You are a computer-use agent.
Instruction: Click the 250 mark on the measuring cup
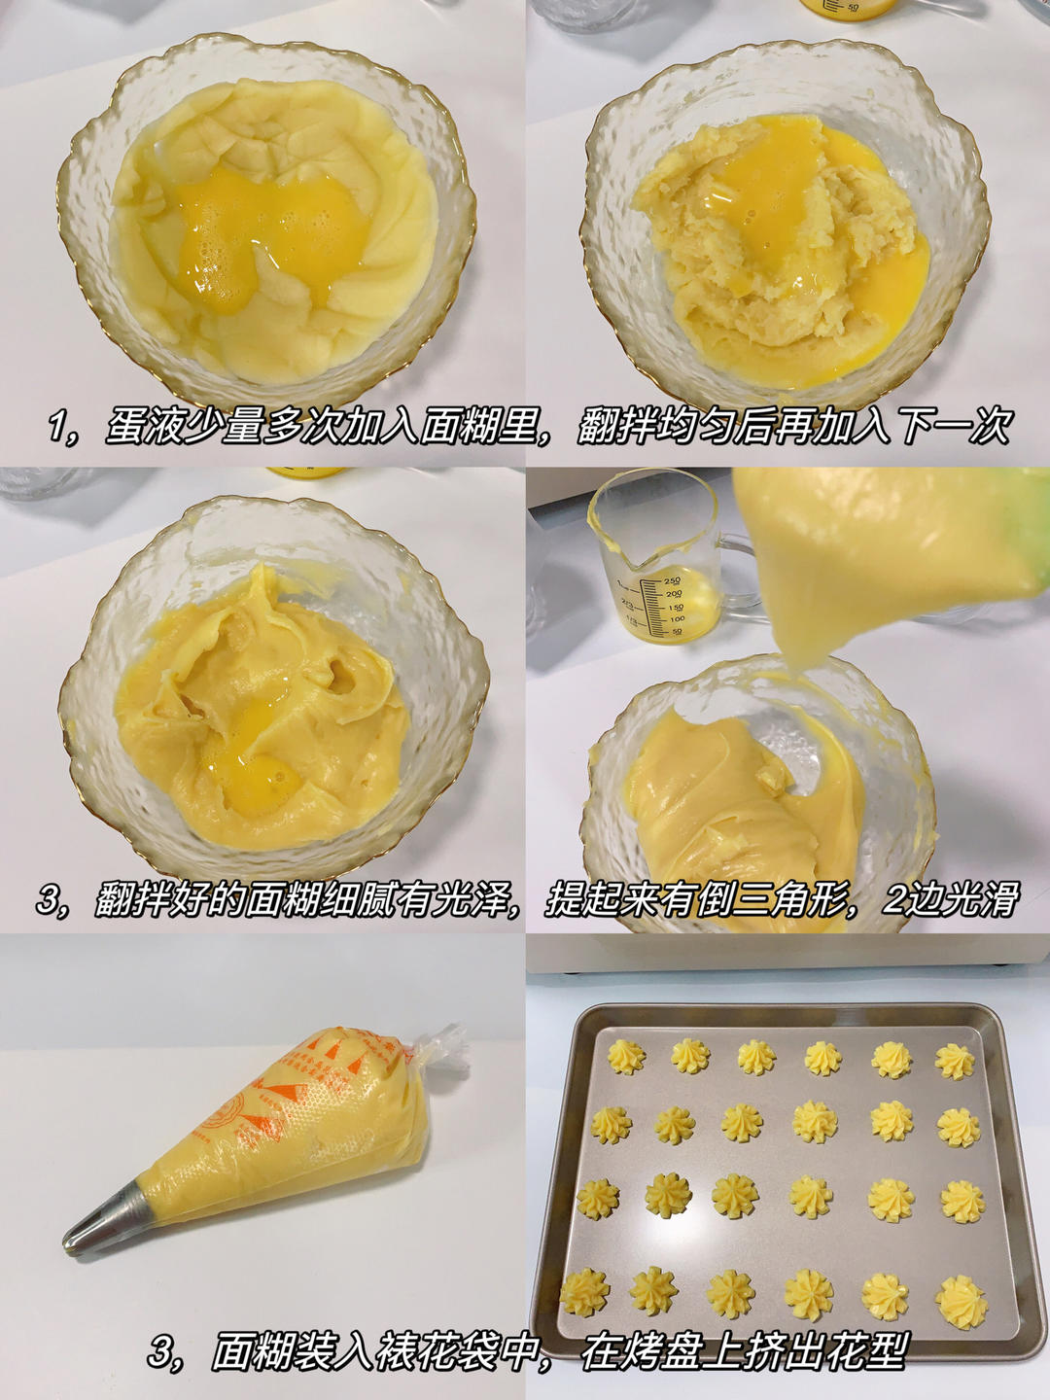click(x=673, y=580)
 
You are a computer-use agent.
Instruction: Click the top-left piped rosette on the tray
click(x=625, y=1056)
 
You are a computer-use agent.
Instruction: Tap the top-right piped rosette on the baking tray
click(x=955, y=1062)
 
